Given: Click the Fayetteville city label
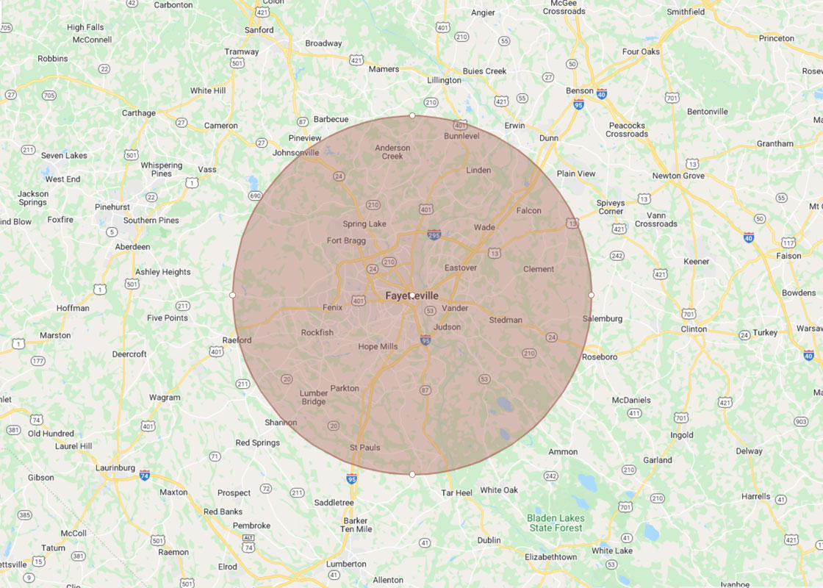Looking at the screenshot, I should (412, 295).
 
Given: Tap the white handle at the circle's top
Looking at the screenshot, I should (412, 115).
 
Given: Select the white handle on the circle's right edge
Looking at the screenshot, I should (592, 295).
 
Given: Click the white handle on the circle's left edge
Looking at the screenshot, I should (233, 295).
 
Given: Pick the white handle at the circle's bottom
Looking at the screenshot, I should (412, 474).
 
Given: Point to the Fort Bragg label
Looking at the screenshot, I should (345, 240).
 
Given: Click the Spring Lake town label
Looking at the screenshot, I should (364, 223).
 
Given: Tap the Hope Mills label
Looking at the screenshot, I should (378, 346).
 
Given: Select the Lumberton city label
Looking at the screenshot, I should (345, 564).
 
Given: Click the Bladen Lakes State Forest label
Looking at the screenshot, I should (556, 523).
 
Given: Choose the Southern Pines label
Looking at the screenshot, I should (151, 220).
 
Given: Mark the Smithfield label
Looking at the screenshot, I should (686, 12).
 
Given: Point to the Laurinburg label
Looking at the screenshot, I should (115, 467).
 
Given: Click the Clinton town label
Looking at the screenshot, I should (694, 329).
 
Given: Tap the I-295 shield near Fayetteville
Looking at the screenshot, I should (434, 234).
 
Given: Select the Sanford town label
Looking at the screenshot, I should (259, 30).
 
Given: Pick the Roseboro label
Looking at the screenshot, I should (600, 356).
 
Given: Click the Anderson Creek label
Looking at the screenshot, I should (392, 151).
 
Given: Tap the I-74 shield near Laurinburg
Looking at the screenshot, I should (145, 475).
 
